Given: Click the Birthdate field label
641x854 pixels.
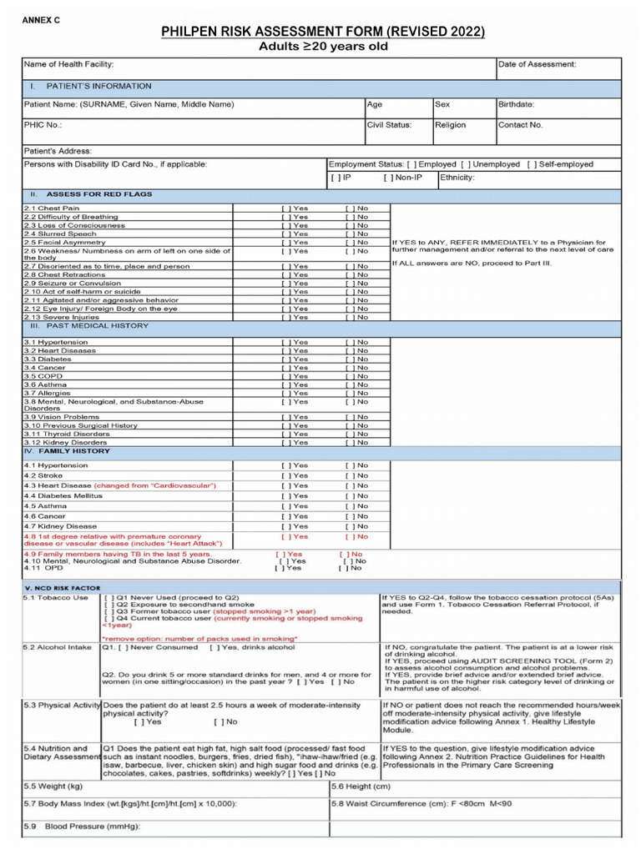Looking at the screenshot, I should [517, 105].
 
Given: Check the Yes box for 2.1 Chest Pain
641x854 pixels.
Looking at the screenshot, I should [285, 208].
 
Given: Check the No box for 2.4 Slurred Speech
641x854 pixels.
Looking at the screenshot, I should [349, 234].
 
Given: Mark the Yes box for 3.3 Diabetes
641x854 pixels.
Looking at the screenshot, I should [285, 359].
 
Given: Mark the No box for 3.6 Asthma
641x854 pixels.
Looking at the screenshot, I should [349, 384].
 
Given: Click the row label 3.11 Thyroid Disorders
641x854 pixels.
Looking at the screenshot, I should [67, 434].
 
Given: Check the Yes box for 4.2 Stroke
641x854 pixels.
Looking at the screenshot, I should [285, 475].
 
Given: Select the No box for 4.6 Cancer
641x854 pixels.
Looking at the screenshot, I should [349, 516].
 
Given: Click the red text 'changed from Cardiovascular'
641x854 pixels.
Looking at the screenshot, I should [155, 485].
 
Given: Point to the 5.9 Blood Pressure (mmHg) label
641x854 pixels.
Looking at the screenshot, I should [80, 827].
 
